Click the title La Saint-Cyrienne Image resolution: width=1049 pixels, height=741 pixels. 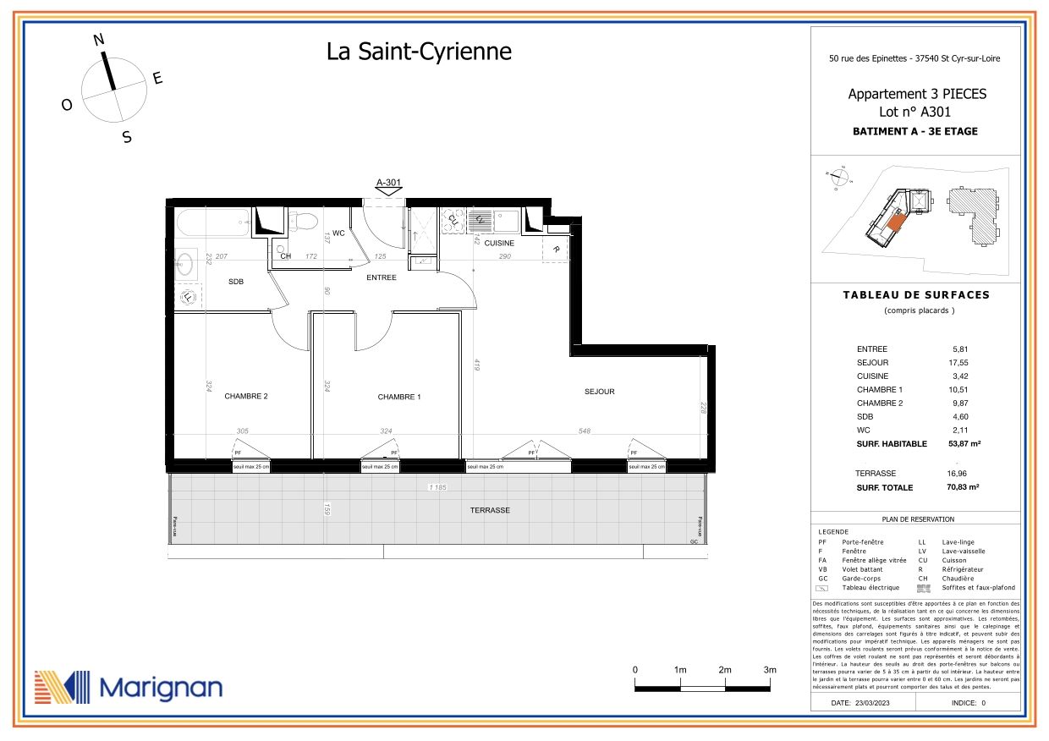pos(419,52)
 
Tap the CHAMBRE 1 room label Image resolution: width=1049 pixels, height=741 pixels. pos(398,397)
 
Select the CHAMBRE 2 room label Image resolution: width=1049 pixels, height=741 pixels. pos(245,396)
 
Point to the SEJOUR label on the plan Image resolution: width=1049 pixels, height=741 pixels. pos(599,392)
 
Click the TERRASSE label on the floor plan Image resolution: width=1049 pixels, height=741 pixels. pos(490,510)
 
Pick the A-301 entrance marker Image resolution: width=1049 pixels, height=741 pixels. pos(388,182)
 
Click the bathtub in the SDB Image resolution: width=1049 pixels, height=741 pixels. pos(213,224)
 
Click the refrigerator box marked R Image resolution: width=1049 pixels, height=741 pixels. pos(556,250)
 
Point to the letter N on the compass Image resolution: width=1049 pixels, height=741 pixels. pos(98,40)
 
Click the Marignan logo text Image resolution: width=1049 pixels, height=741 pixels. pos(161,688)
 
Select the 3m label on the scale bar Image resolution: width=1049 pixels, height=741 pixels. pos(770,670)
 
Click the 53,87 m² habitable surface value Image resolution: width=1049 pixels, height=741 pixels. pos(963,443)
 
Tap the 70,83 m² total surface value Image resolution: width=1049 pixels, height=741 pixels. pos(963,487)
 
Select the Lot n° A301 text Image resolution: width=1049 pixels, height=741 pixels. pos(917,111)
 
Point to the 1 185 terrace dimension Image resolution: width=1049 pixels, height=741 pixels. pos(438,488)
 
